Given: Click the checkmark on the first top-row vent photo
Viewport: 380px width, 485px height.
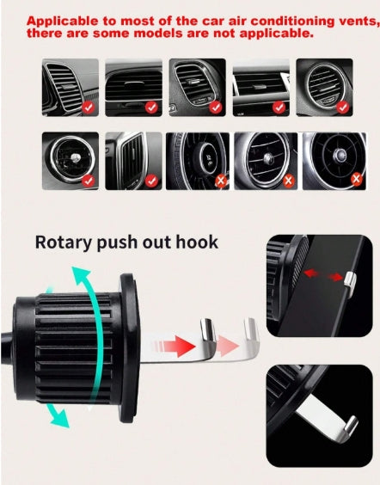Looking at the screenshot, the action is click(89, 107).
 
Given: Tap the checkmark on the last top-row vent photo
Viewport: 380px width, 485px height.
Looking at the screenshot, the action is click(342, 107).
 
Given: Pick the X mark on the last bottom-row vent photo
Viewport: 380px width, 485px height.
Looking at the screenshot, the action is click(357, 179).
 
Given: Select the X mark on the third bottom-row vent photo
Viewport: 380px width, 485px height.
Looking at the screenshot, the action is click(221, 181).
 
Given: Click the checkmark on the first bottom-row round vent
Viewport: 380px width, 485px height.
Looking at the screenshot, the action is click(89, 181).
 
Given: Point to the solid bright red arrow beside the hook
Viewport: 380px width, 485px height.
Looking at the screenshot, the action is click(175, 347).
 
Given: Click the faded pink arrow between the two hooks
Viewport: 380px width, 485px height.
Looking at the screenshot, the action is click(227, 346).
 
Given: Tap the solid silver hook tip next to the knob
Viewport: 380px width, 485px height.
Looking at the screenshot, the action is click(208, 330).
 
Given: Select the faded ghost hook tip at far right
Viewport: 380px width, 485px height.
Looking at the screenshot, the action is click(251, 329).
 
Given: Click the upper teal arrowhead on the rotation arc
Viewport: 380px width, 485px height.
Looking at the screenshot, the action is click(80, 275).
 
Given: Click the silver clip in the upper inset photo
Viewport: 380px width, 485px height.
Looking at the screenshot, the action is click(350, 282).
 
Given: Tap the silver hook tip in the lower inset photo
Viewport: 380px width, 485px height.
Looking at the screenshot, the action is click(352, 424).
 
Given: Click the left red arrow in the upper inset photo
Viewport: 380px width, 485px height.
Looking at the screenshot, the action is click(312, 273).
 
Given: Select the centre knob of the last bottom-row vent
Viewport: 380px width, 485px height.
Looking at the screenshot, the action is click(340, 154).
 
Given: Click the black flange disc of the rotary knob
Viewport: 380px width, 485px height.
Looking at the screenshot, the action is click(130, 348).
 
